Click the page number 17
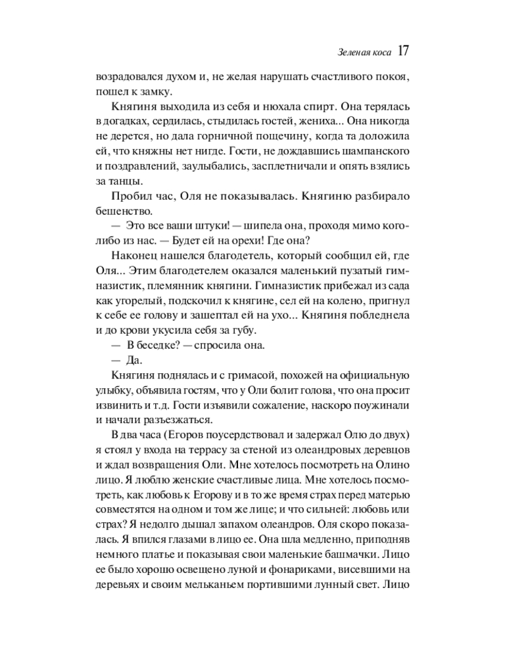pos(404,51)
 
